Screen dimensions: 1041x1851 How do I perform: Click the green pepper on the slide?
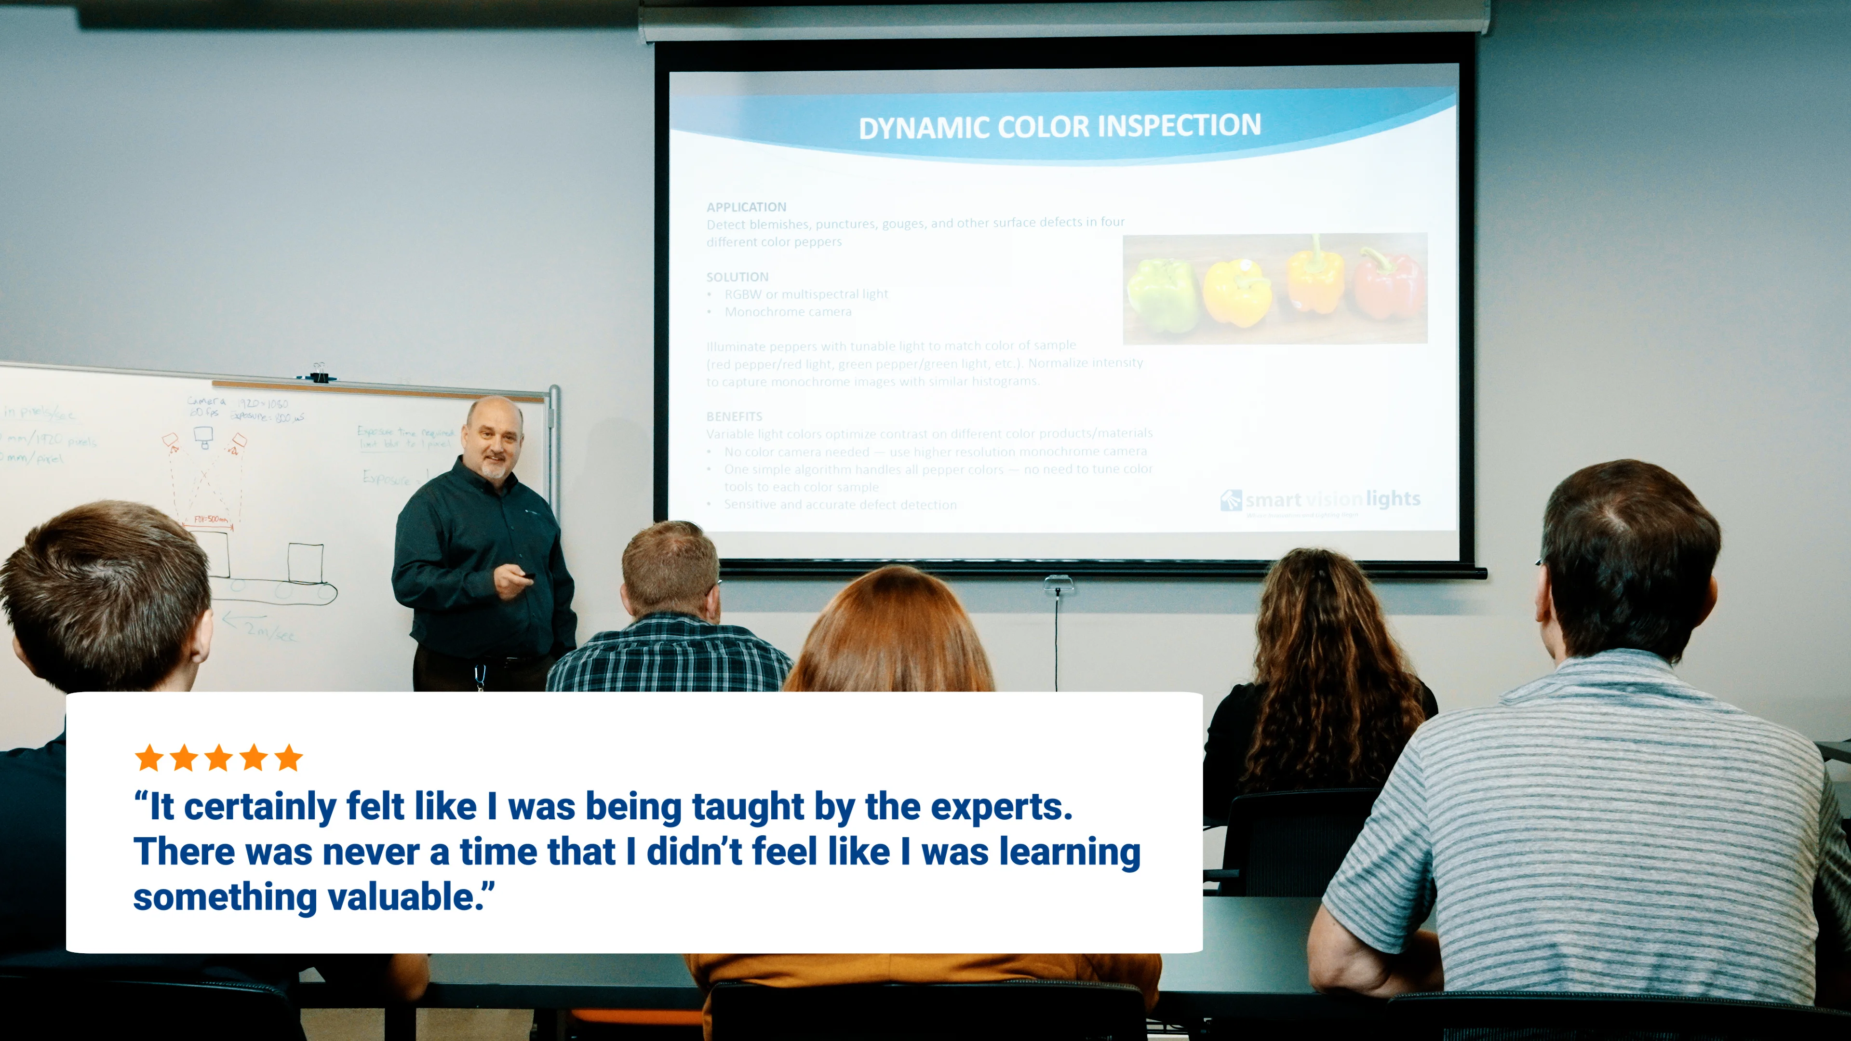pos(1161,294)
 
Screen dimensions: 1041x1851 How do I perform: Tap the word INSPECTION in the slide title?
pos(1179,126)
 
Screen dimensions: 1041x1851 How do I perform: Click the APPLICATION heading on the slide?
pos(746,207)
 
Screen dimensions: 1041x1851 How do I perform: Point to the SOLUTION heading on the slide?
pos(737,277)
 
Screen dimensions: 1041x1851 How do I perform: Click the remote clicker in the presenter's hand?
pos(528,575)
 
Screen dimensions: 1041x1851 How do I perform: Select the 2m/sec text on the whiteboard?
pos(268,631)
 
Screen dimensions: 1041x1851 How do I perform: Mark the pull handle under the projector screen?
pos(1058,583)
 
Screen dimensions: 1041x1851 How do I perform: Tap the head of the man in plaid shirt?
pos(670,568)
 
